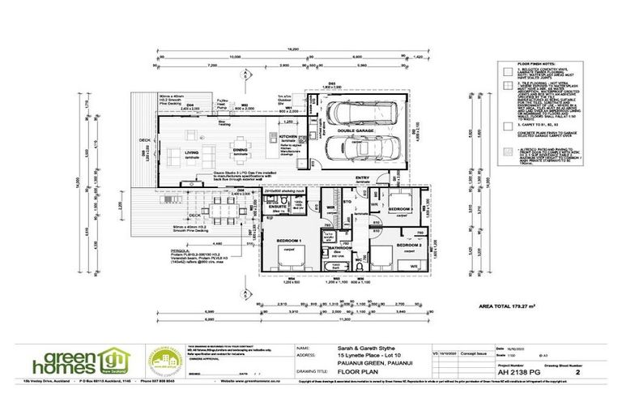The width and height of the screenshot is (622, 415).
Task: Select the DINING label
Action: pyautogui.click(x=239, y=150)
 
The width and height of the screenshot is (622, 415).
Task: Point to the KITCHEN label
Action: pyautogui.click(x=289, y=137)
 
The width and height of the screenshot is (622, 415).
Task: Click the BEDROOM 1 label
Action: pyautogui.click(x=289, y=242)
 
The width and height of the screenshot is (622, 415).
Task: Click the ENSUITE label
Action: pyautogui.click(x=277, y=206)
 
